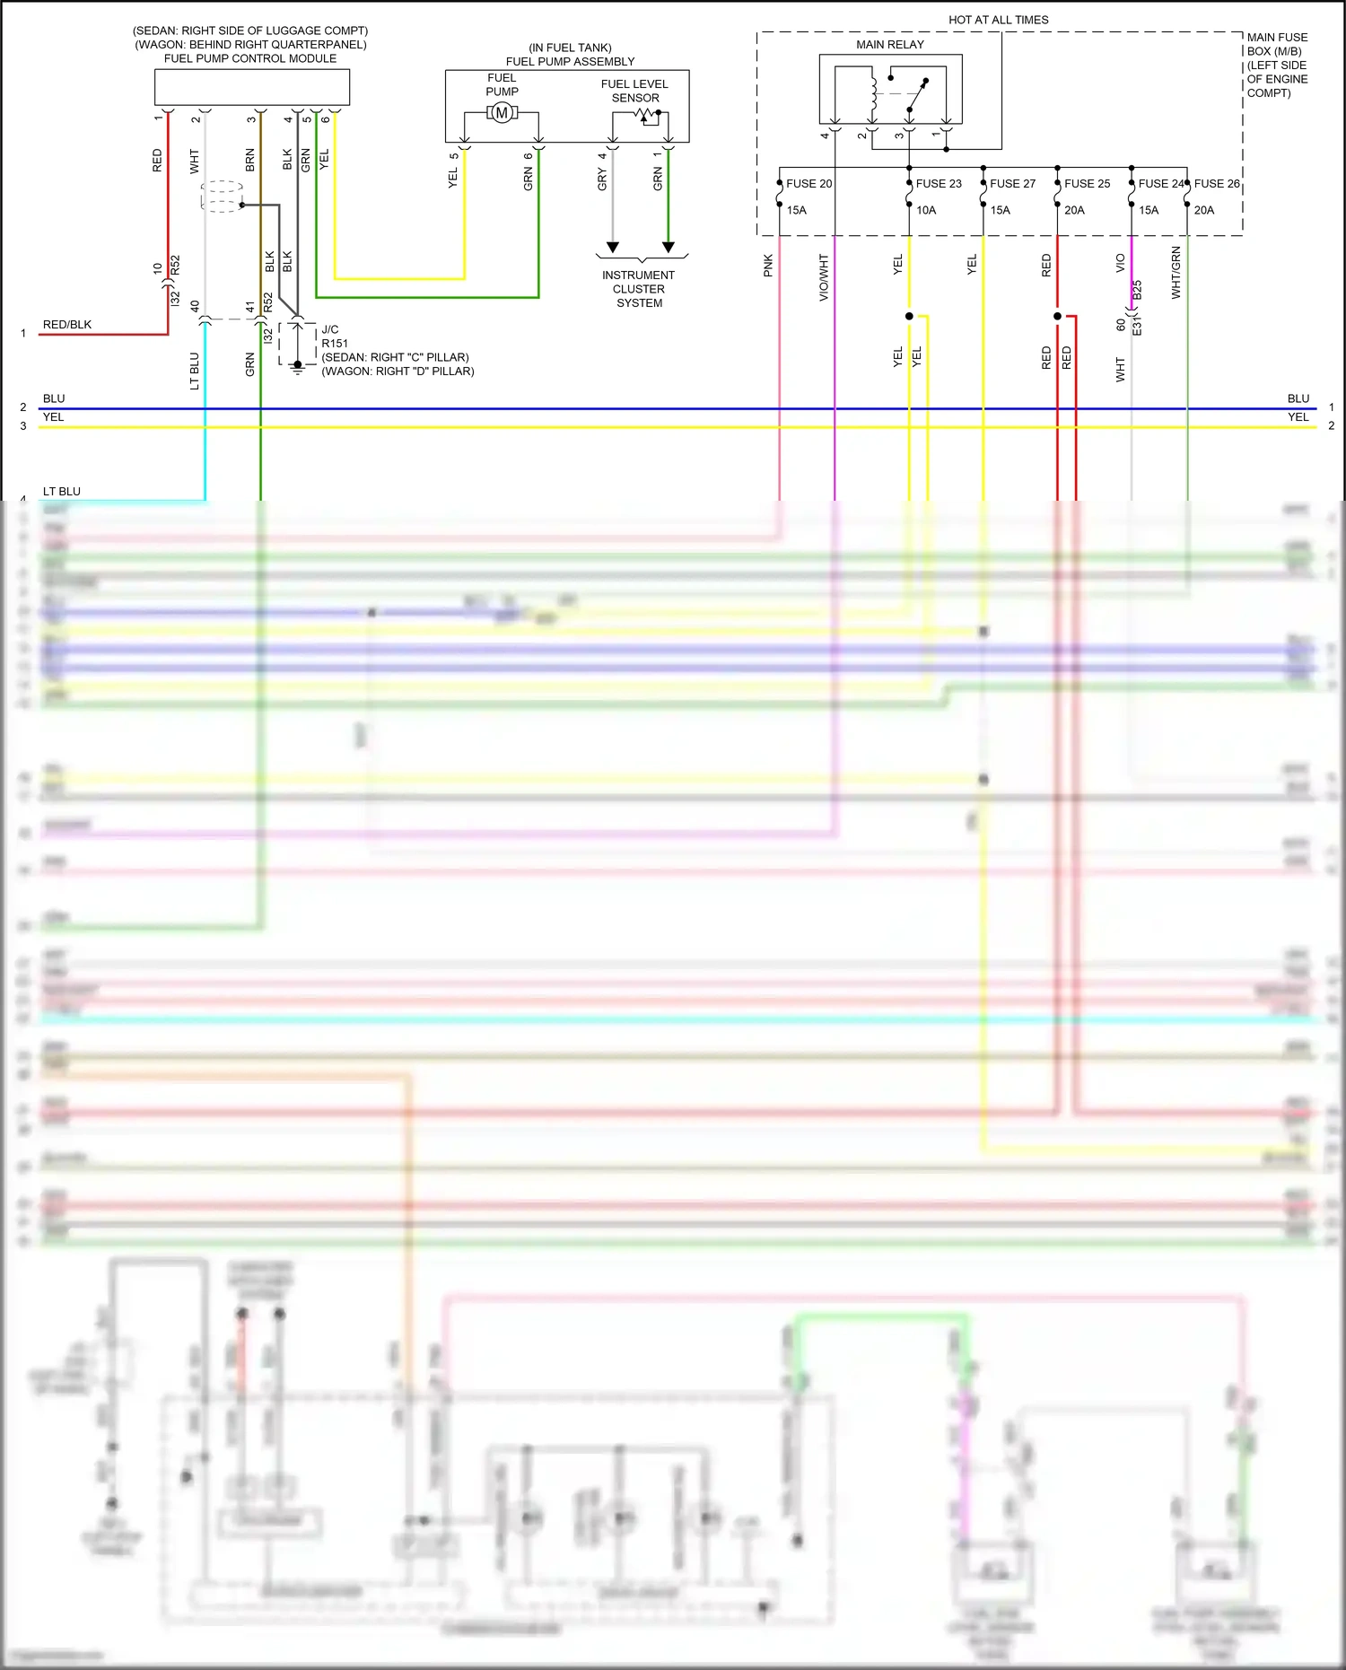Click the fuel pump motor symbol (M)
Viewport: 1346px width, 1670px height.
[502, 113]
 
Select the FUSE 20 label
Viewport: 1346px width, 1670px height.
[808, 184]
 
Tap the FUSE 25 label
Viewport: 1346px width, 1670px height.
[1087, 184]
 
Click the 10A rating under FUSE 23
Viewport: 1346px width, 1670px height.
[926, 210]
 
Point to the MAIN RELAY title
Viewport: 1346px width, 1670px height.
[889, 45]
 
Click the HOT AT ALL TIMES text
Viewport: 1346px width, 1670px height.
[998, 20]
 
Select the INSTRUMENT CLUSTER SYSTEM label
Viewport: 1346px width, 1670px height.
[639, 289]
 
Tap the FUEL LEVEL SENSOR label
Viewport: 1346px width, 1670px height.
[634, 91]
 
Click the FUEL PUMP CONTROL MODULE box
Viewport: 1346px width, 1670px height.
[252, 87]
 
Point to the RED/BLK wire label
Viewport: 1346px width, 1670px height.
[67, 325]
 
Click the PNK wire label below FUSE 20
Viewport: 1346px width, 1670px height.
[768, 266]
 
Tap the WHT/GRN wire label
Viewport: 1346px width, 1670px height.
[1176, 272]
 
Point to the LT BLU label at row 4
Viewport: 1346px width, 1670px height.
[62, 492]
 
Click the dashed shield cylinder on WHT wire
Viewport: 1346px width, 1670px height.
[222, 197]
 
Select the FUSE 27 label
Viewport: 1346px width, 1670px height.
[1012, 184]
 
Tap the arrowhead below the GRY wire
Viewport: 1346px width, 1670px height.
[613, 247]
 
